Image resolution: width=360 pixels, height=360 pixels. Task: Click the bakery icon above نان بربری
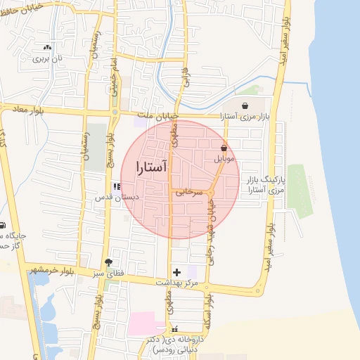47,48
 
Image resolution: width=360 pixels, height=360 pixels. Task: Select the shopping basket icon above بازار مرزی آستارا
245,107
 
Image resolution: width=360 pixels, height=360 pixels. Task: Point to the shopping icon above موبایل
224,148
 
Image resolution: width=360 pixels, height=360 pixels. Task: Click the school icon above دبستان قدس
116,186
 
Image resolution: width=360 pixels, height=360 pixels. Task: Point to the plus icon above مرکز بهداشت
176,271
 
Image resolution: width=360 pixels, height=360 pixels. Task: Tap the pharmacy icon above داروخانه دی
175,328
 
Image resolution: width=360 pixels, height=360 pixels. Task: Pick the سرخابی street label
188,191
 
